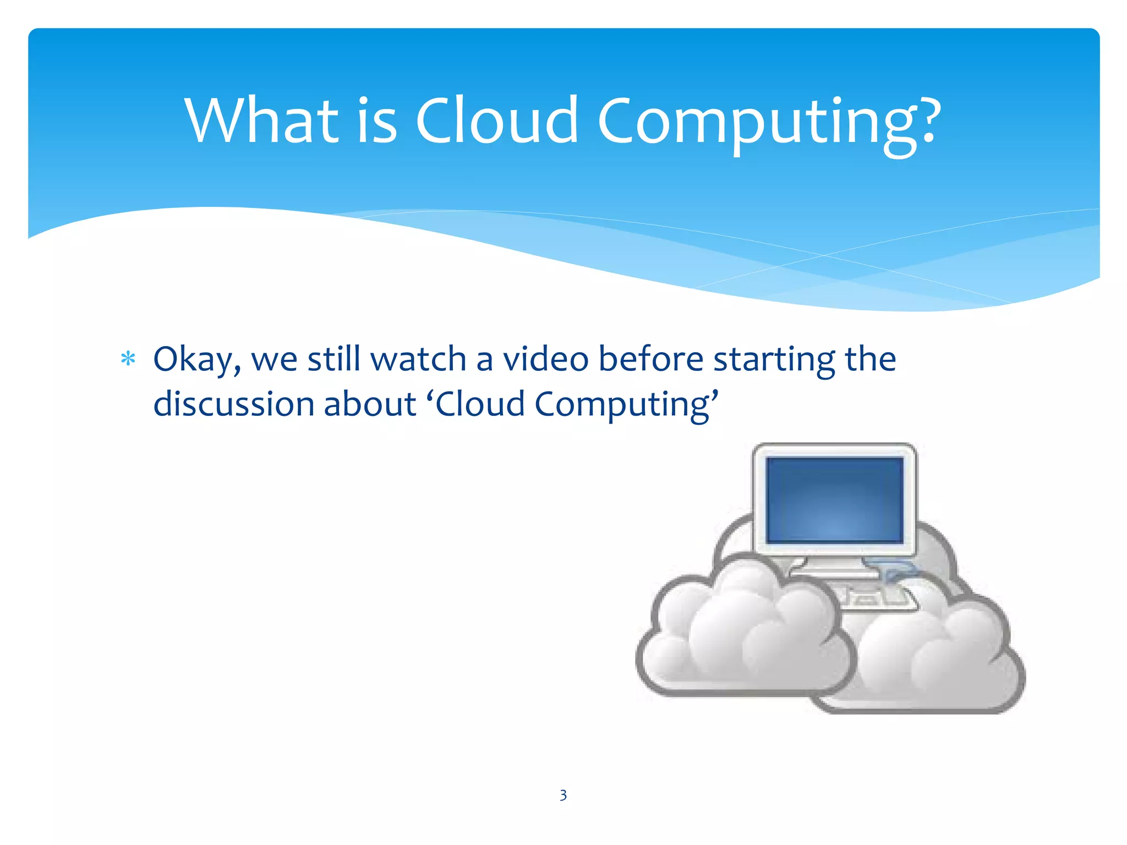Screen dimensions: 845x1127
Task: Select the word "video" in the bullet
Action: [545, 359]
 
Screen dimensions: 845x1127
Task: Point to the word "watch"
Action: [419, 359]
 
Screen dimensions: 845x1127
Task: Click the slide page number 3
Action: [563, 795]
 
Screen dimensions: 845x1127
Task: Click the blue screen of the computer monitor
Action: [834, 500]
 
